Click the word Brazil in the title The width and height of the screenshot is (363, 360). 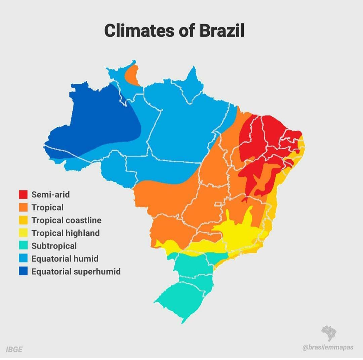click(222, 31)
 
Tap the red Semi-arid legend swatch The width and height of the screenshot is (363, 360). click(23, 194)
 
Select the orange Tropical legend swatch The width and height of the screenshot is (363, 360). click(23, 207)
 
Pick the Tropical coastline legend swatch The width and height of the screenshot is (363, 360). click(23, 220)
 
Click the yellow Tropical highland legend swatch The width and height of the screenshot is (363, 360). click(23, 233)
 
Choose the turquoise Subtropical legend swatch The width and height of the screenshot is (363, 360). click(23, 246)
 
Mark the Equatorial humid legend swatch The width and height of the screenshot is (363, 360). click(23, 258)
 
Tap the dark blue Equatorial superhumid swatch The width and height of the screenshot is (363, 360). click(23, 271)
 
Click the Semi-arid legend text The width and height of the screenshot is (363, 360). click(50, 194)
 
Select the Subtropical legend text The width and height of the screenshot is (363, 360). click(54, 246)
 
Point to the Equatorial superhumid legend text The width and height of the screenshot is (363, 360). click(76, 271)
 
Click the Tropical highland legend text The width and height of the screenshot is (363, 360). click(66, 233)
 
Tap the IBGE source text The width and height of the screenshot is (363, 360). click(14, 349)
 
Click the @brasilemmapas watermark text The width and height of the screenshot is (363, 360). click(328, 347)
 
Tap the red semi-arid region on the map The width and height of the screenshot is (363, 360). click(266, 141)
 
